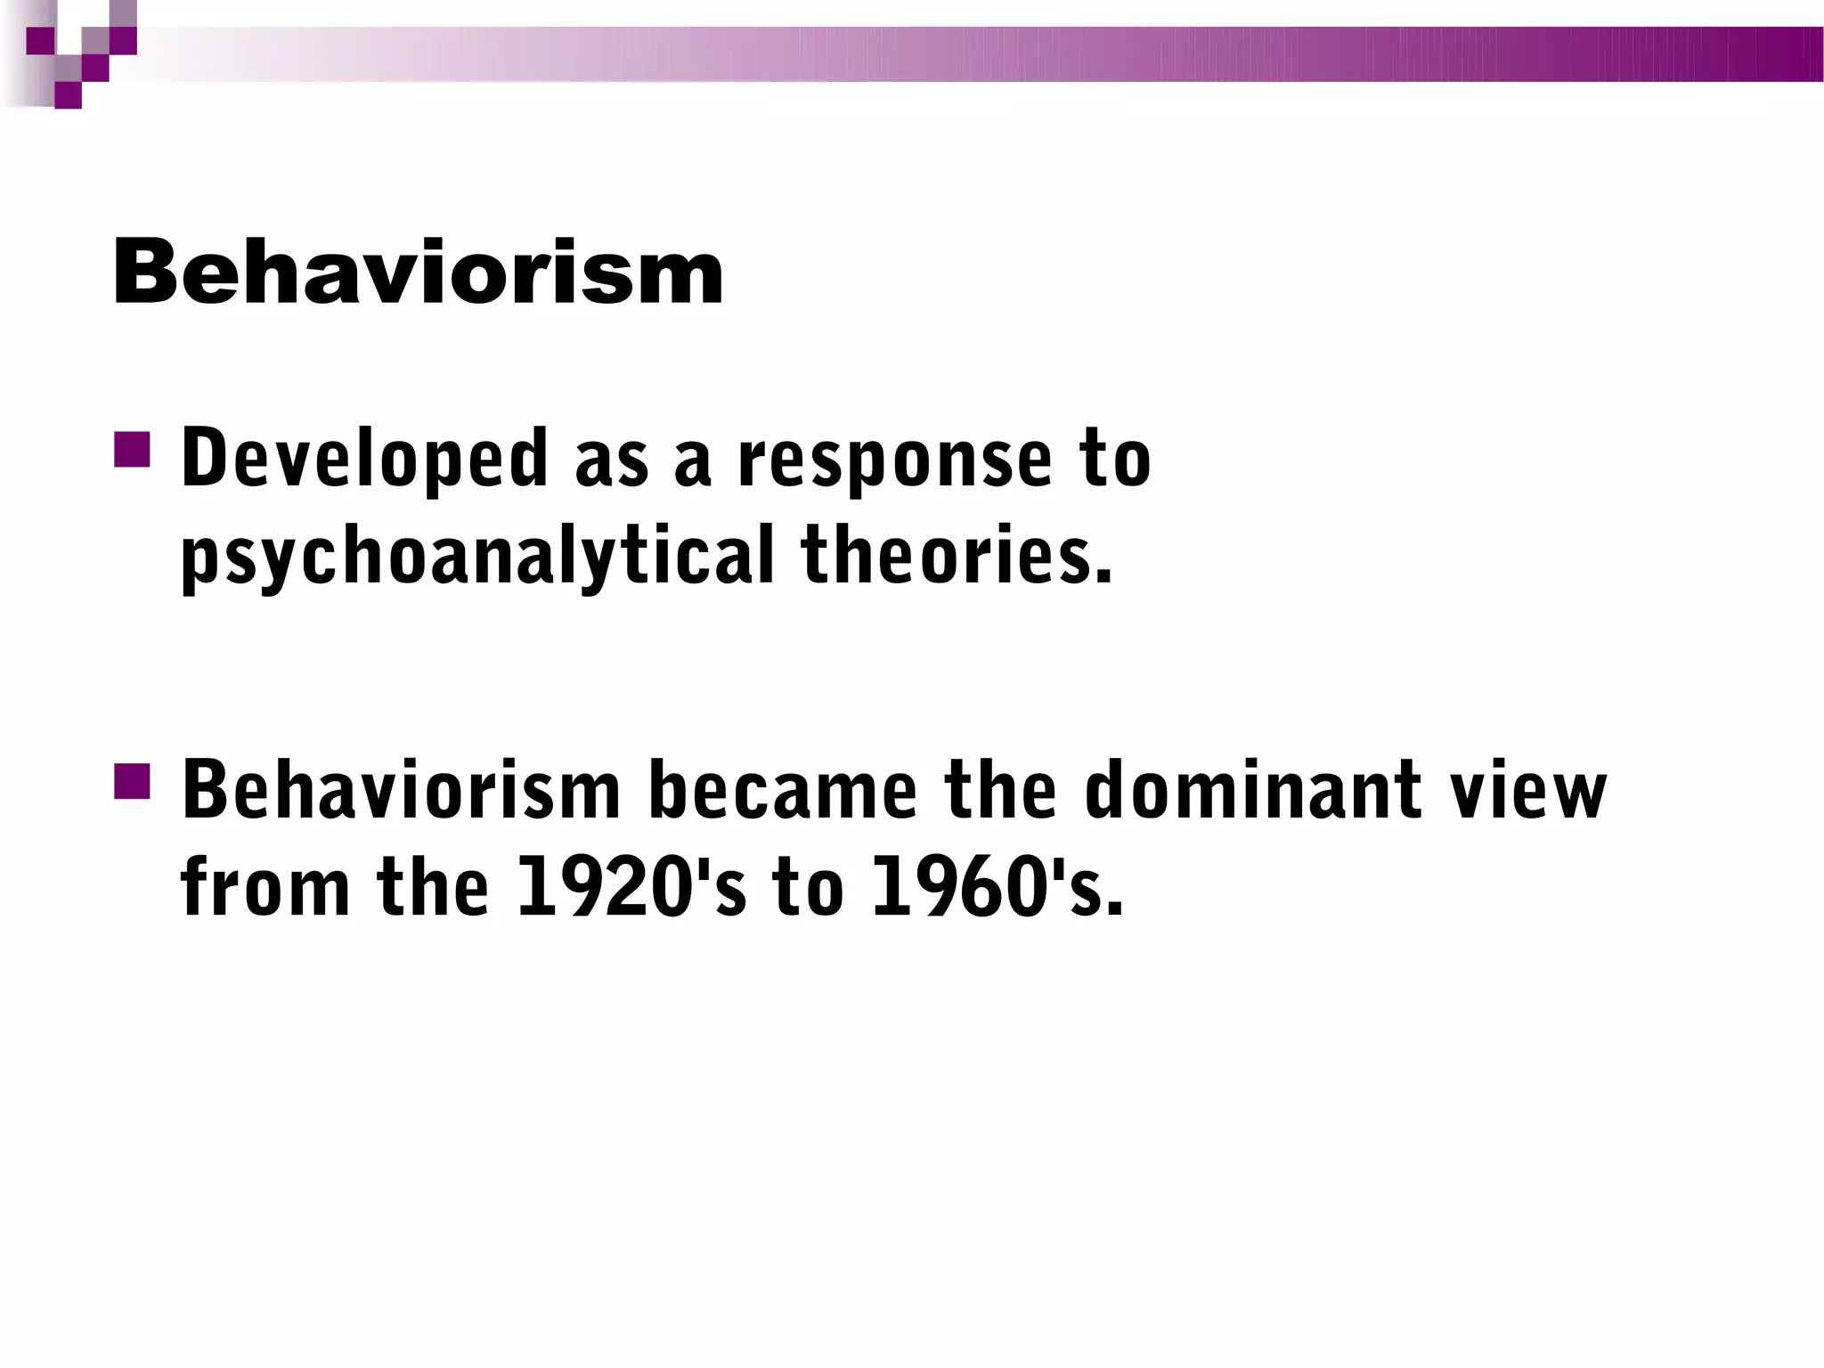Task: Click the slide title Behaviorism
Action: click(x=417, y=273)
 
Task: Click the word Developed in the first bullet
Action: click(x=364, y=460)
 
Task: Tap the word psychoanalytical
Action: click(x=476, y=558)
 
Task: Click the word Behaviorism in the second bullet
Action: click(x=401, y=790)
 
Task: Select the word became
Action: click(x=782, y=790)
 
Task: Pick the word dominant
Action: click(x=1252, y=790)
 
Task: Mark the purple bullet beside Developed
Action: click(x=132, y=450)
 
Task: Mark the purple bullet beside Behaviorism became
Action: click(x=132, y=780)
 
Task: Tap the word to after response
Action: click(x=1115, y=460)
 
